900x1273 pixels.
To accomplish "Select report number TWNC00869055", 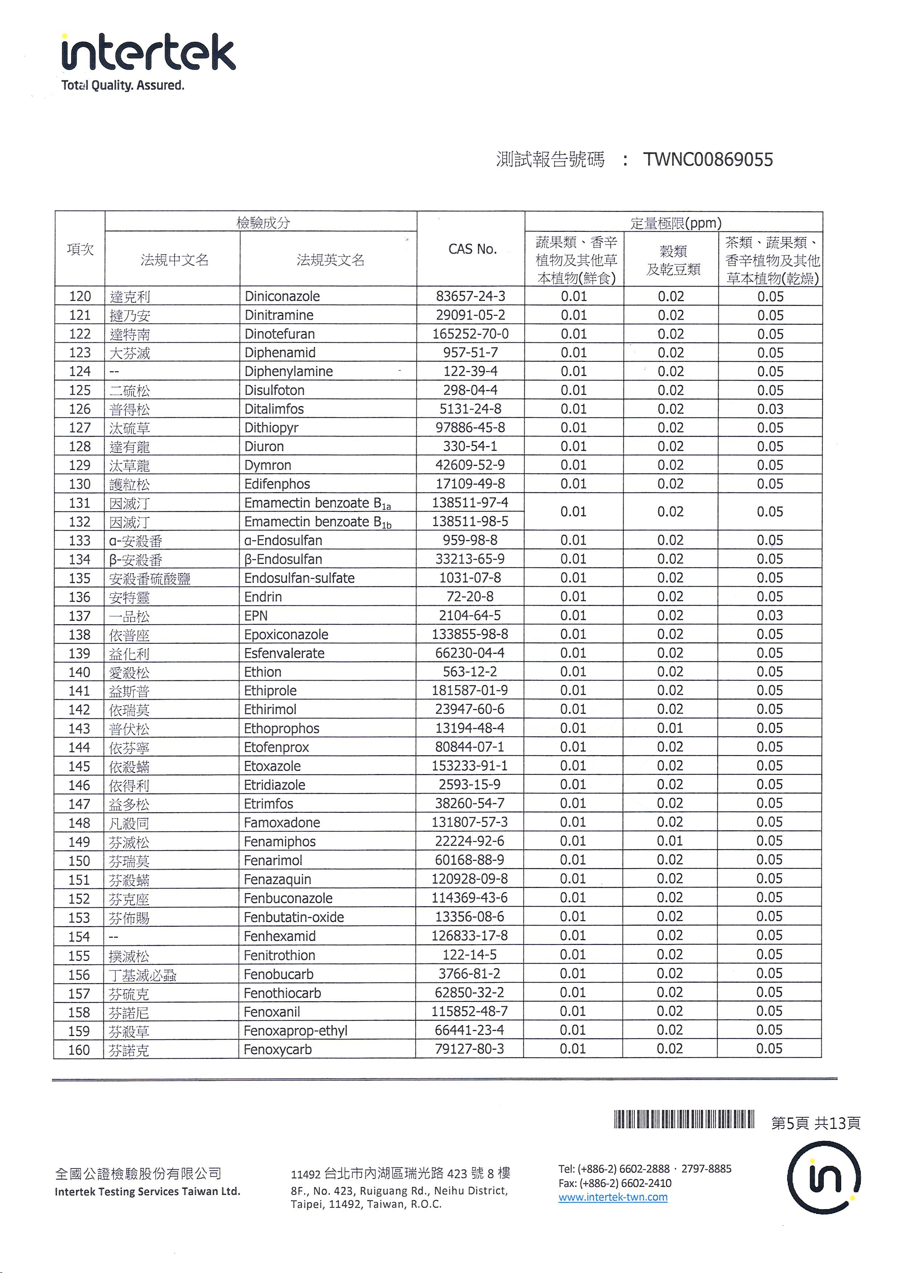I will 708,160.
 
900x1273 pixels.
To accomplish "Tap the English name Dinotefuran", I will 279,334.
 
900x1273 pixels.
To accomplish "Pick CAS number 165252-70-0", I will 470,334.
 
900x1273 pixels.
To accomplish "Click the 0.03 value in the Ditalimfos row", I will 770,409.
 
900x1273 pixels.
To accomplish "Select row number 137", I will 79,616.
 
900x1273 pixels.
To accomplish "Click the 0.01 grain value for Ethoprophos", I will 670,728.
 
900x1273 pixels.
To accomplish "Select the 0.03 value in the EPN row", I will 770,615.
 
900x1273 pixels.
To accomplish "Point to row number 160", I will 79,1049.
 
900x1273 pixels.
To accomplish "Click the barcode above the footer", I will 684,1119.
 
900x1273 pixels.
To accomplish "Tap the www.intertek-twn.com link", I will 613,1197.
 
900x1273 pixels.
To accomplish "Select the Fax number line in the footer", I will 614,1183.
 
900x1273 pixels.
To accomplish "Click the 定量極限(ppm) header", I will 675,223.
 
